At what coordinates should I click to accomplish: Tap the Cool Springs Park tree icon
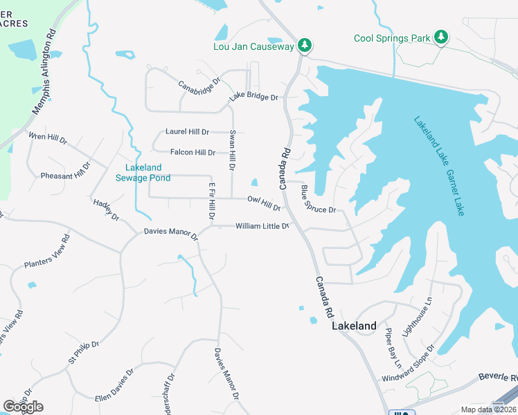(x=441, y=37)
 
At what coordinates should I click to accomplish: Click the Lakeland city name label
(x=354, y=326)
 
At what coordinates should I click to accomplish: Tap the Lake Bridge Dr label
(x=253, y=98)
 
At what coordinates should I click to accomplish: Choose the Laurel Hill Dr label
(x=187, y=131)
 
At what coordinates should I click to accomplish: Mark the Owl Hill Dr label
(x=264, y=203)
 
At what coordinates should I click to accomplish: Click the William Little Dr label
(x=262, y=226)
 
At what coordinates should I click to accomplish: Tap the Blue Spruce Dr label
(x=318, y=199)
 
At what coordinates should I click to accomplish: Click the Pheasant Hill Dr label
(x=66, y=174)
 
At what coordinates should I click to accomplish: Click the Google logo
(x=23, y=406)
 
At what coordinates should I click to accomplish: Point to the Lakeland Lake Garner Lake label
(x=439, y=166)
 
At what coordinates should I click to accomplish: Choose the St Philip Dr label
(x=84, y=352)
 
